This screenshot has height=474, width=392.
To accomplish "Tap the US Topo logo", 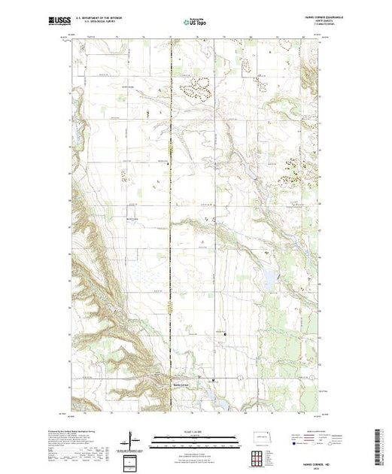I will click(x=195, y=23).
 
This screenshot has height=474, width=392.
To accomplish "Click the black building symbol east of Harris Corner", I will click(x=213, y=381).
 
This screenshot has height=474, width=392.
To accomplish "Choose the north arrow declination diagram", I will click(x=133, y=438).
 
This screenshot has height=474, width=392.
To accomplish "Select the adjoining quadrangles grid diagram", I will click(x=258, y=457).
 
